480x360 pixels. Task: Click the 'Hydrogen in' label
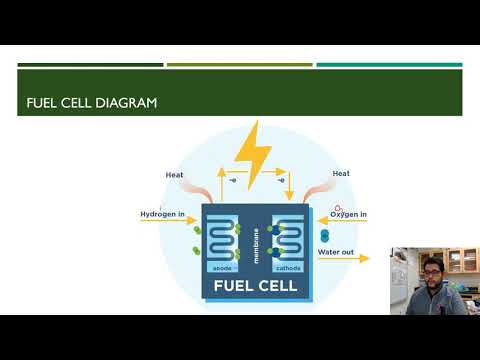[x=163, y=214]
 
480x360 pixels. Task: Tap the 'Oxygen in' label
[x=347, y=214]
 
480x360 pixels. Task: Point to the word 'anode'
[x=222, y=268]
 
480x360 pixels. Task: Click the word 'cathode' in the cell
[x=288, y=268]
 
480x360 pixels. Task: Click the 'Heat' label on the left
[x=174, y=175]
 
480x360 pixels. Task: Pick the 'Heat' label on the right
[x=341, y=174]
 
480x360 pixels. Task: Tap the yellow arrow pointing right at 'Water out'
[x=357, y=259]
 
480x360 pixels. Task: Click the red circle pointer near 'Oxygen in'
[x=338, y=208]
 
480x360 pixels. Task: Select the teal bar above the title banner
[x=389, y=65]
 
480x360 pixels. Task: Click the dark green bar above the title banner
[x=90, y=65]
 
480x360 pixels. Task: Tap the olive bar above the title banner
[x=240, y=65]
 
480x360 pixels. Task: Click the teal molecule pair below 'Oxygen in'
[x=324, y=237]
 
